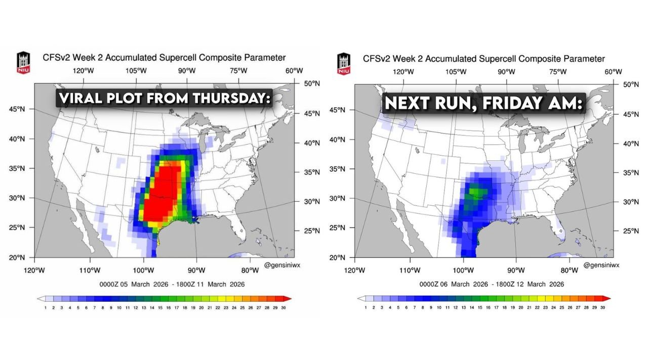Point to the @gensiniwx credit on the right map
(x=601, y=265)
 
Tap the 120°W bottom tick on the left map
(x=35, y=270)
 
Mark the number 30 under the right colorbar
(x=602, y=307)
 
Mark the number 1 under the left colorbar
(x=46, y=307)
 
